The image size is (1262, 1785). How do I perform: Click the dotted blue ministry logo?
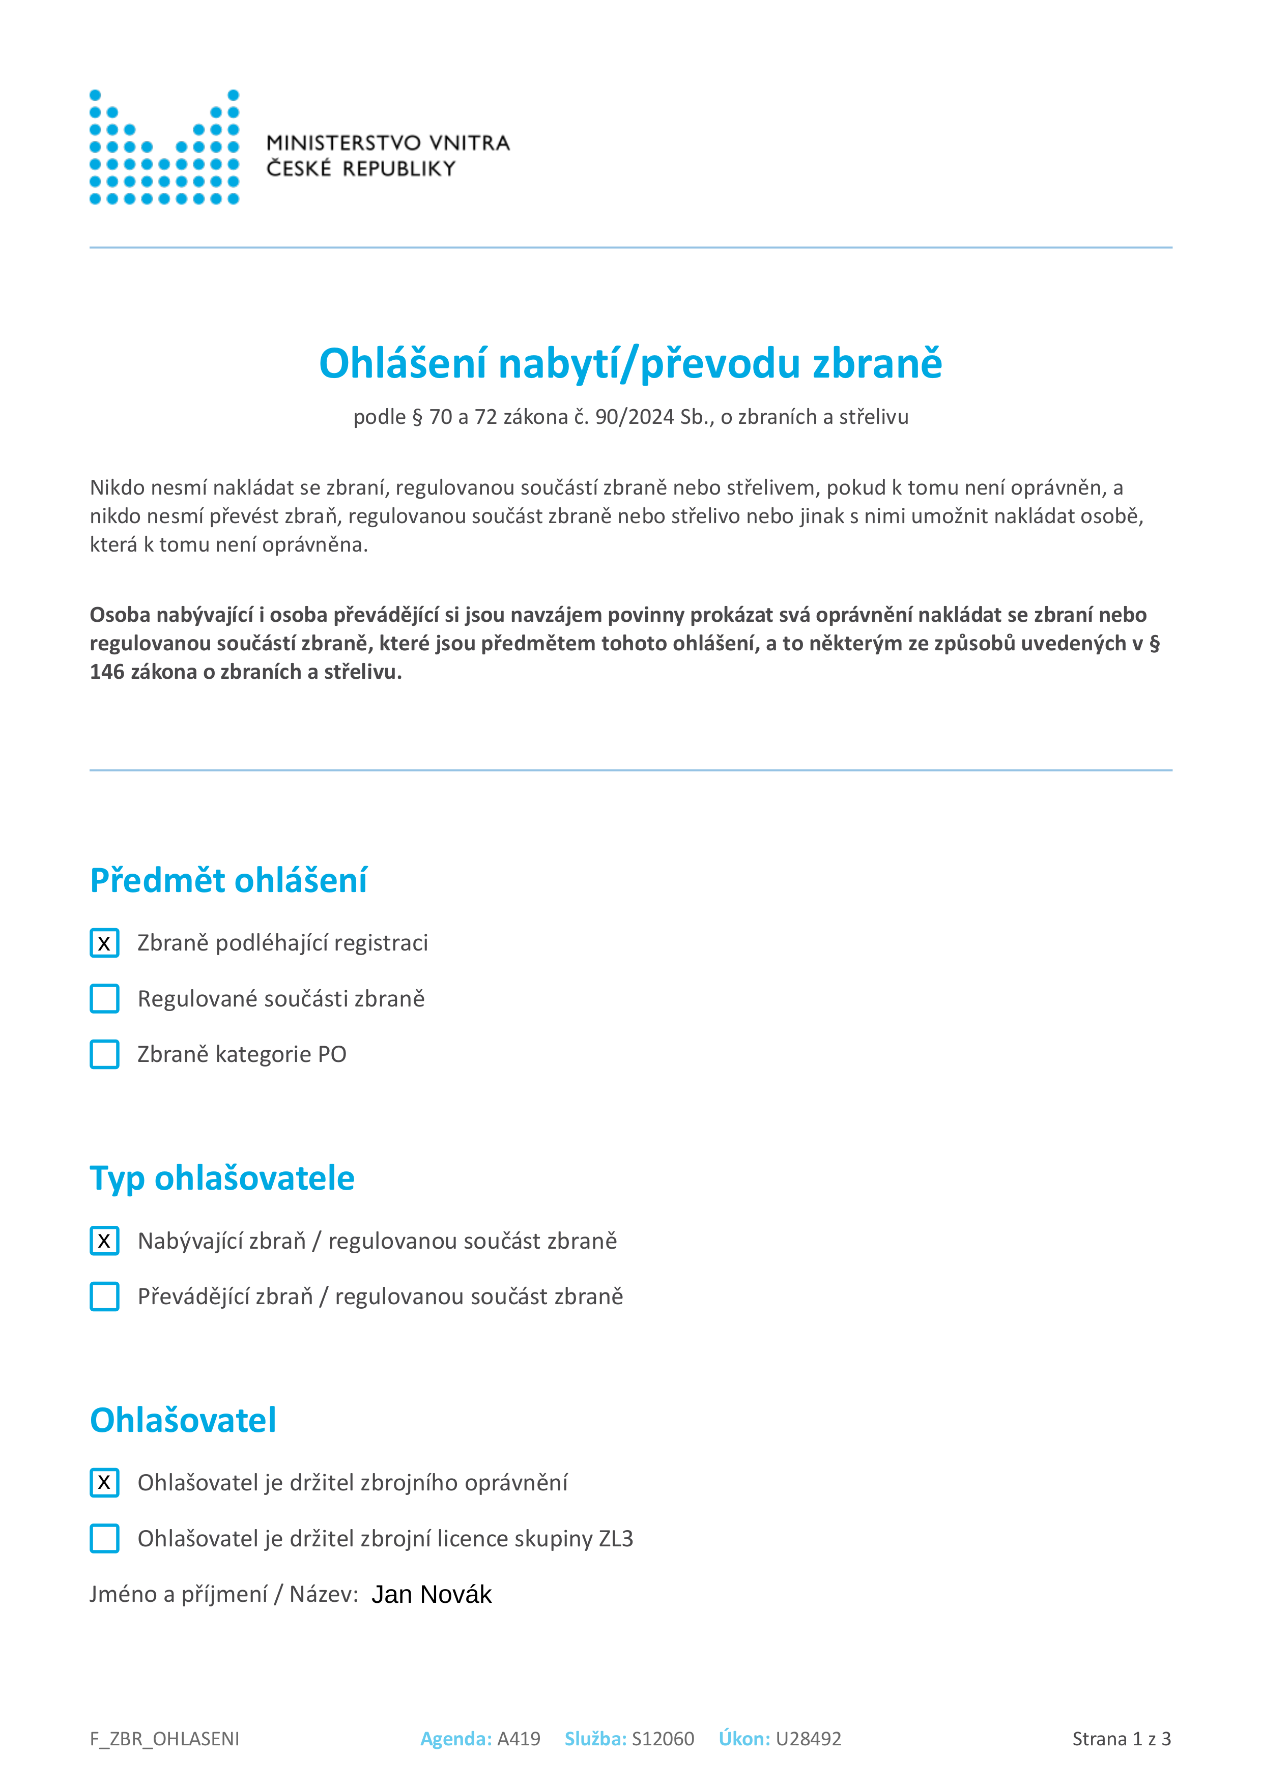pos(164,147)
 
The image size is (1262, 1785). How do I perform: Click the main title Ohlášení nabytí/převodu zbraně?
pos(630,363)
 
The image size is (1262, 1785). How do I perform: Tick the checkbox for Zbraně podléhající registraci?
pos(104,943)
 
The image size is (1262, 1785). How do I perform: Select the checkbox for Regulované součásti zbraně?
pos(104,999)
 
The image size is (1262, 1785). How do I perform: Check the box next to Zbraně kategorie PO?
pos(104,1054)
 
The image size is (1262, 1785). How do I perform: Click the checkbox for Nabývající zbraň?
pos(104,1241)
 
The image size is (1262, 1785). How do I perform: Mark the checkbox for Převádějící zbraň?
pos(104,1297)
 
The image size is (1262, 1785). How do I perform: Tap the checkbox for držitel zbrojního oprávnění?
pos(104,1483)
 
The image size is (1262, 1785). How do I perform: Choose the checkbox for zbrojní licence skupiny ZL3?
pos(104,1539)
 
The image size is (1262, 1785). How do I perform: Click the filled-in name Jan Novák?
pos(432,1595)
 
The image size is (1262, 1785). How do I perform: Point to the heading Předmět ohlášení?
pos(228,880)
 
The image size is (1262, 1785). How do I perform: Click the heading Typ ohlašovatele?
pos(222,1178)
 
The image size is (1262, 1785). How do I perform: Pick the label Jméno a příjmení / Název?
pos(224,1595)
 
